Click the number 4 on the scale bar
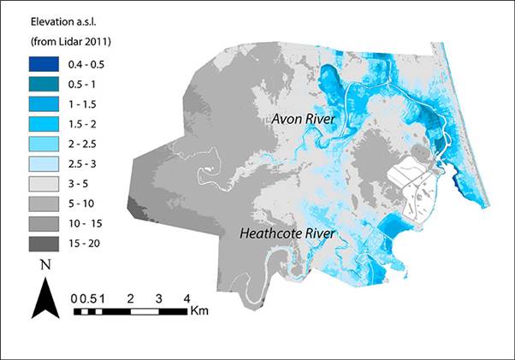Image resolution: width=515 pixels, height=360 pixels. coord(186,298)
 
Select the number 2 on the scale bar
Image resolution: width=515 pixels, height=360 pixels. coord(130,298)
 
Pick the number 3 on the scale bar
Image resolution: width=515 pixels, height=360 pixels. coord(158,298)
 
